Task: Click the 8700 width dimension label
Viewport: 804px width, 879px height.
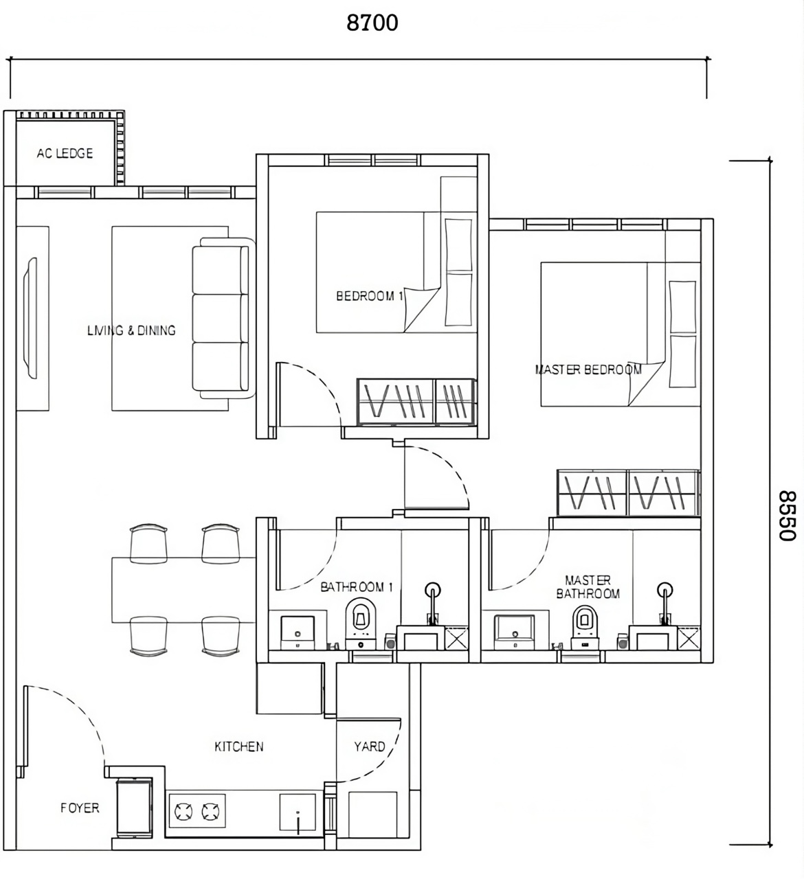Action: (372, 23)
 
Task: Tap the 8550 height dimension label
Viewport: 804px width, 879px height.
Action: (787, 516)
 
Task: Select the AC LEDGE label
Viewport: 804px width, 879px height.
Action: (65, 153)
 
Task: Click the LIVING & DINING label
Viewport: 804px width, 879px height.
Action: (131, 330)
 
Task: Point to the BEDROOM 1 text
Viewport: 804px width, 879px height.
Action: (369, 296)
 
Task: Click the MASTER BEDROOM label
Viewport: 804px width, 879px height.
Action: (588, 369)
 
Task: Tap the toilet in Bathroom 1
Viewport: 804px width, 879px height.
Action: (361, 624)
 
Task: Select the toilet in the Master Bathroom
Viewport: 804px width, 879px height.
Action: (585, 628)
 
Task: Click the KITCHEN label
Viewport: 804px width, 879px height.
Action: (239, 746)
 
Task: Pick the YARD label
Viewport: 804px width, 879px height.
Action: (369, 746)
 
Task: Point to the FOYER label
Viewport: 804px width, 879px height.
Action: (80, 808)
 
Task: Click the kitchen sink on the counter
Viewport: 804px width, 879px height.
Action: (298, 812)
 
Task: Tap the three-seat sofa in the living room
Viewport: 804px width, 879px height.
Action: (223, 318)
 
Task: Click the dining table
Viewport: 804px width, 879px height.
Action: (183, 590)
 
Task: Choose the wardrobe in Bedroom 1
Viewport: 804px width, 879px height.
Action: (416, 402)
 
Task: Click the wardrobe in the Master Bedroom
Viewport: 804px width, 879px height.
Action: (628, 492)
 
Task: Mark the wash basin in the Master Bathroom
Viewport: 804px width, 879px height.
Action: (514, 632)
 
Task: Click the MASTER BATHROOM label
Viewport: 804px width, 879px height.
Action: (588, 587)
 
